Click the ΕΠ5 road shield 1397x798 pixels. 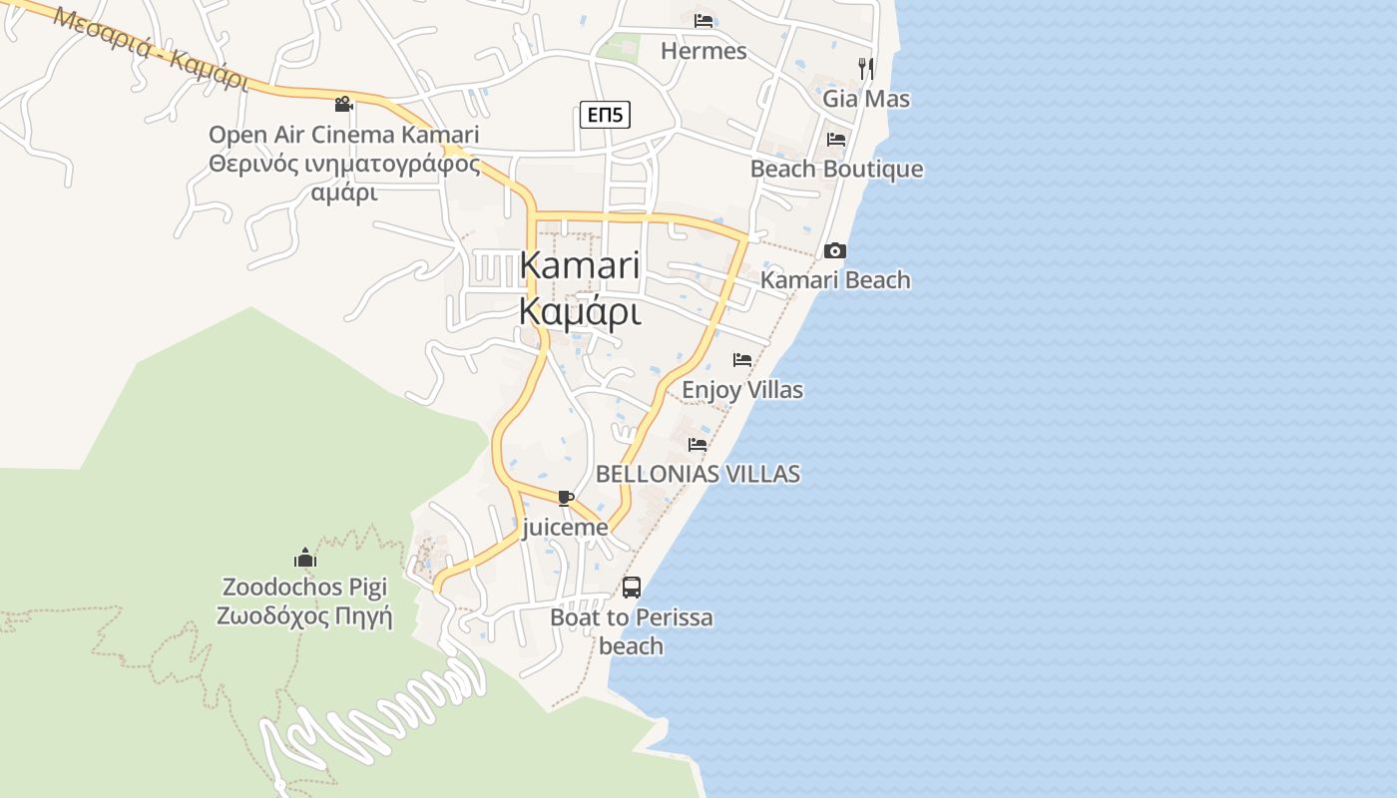(x=605, y=115)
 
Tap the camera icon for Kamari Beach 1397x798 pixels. (x=835, y=250)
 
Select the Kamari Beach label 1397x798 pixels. (x=835, y=280)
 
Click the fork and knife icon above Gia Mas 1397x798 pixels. (x=866, y=68)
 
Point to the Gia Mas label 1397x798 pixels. (x=866, y=99)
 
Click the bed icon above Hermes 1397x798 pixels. (x=703, y=20)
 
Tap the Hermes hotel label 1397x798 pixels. (x=703, y=51)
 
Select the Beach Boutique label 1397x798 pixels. (x=836, y=169)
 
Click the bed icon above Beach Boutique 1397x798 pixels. (x=836, y=139)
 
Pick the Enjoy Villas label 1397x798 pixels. (x=742, y=390)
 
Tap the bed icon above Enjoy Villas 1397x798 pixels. (x=742, y=359)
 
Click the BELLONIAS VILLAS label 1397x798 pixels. (x=698, y=474)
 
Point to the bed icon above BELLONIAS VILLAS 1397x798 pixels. (x=698, y=444)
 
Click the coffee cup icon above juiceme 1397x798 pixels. (x=566, y=498)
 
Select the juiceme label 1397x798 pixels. (x=565, y=528)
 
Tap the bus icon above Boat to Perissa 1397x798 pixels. (x=632, y=587)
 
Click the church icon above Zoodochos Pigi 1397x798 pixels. (x=304, y=557)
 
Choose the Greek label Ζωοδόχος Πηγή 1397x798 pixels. (x=304, y=615)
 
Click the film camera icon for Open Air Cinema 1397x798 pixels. (x=344, y=104)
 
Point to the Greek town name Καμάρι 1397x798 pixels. (x=579, y=312)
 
